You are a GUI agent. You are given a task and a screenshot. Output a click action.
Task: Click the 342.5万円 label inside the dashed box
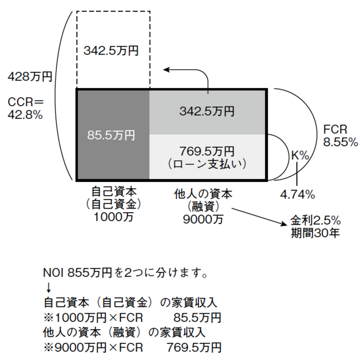111,51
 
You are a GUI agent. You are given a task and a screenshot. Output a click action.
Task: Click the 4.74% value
297,195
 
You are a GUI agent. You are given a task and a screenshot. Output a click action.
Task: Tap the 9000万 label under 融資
202,218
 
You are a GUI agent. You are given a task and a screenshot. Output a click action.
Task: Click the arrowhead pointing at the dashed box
166,69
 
